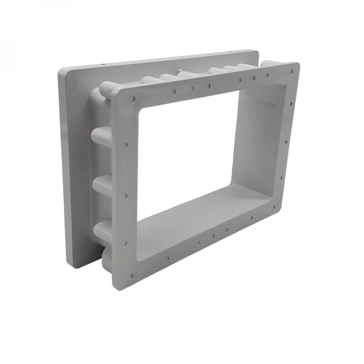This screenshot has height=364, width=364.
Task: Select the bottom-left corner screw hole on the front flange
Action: [131, 275]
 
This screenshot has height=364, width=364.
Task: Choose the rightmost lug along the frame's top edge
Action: [268, 63]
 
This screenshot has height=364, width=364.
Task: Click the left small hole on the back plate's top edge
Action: [103, 65]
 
